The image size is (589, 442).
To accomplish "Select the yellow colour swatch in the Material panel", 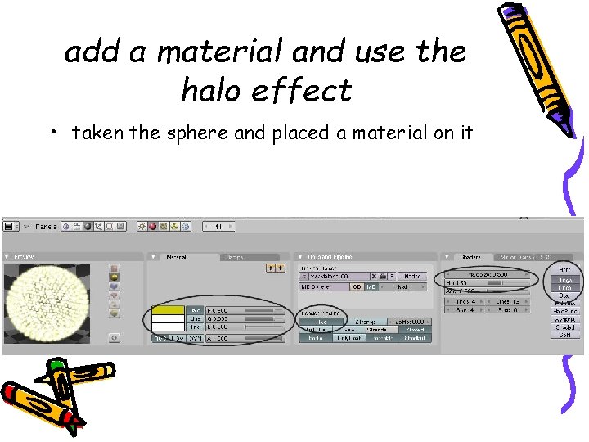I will tap(169, 310).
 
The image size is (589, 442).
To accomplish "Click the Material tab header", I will tap(177, 257).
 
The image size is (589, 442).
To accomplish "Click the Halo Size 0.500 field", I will tap(489, 274).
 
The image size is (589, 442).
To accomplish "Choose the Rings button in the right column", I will tap(565, 279).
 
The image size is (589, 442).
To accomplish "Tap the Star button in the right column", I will tap(565, 296).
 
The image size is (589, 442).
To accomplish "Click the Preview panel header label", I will tap(25, 257).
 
